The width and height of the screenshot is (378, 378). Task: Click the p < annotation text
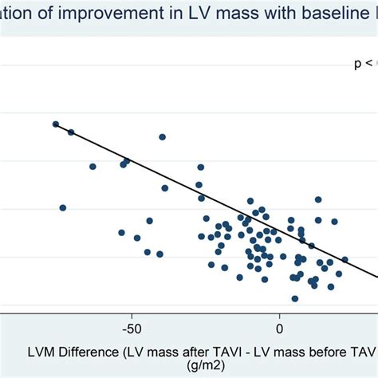[364, 63]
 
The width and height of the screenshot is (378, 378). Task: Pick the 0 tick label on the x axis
[280, 328]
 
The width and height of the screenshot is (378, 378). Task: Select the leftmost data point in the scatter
[56, 124]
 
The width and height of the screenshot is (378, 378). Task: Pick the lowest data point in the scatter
[294, 298]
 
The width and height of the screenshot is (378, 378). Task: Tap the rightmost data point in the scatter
[345, 259]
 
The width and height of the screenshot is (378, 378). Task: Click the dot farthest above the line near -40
[162, 137]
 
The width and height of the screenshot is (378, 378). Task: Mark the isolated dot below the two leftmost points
[63, 207]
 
